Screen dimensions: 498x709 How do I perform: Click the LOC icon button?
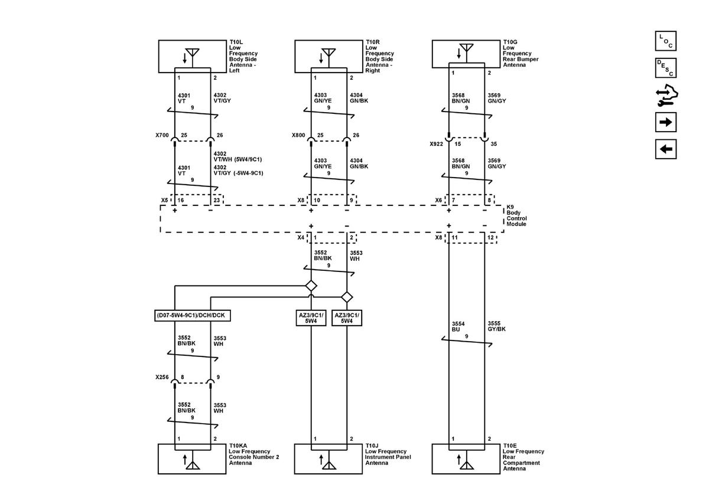coord(665,41)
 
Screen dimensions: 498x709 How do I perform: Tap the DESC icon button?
coord(665,68)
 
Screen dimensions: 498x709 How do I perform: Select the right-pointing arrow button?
coord(665,122)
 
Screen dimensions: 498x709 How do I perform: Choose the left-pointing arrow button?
coord(665,149)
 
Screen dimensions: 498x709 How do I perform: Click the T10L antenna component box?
coord(193,56)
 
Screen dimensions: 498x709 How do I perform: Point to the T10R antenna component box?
coord(329,56)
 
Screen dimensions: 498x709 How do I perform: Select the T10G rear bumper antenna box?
coord(466,54)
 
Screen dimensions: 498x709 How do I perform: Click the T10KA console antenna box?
coord(193,458)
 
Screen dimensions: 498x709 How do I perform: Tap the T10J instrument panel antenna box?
coord(329,458)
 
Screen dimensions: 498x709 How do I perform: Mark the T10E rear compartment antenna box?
coord(466,458)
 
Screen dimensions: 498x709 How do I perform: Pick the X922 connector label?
coord(436,143)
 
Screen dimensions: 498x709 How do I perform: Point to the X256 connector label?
coord(163,376)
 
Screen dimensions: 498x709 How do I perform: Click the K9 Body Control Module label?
coord(516,215)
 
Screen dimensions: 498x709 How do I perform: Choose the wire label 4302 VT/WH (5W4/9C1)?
coord(238,156)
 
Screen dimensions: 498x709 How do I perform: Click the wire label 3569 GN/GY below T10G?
coord(497,97)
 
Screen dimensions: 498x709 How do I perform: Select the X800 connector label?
coord(299,135)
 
